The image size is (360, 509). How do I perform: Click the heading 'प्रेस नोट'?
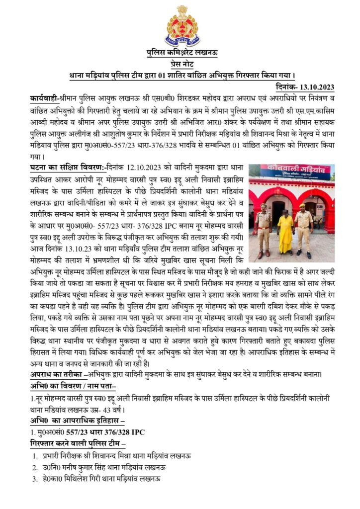182,64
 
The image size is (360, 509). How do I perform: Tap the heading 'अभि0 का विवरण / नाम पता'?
73,386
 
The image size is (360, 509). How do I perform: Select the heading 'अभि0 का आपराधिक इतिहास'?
76,421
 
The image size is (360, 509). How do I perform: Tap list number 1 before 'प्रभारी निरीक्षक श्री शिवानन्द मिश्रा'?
35,456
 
